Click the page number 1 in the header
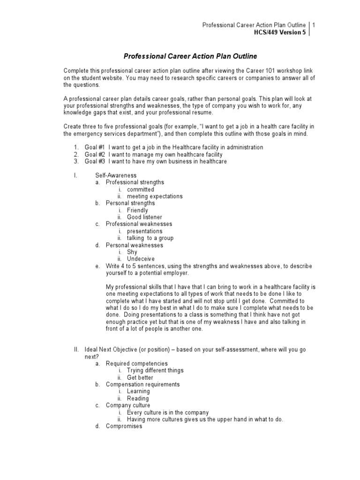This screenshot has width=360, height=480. tap(314, 25)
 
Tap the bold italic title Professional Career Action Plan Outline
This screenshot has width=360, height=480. tap(190, 56)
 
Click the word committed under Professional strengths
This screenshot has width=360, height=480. tap(141, 189)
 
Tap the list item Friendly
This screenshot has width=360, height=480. tap(137, 210)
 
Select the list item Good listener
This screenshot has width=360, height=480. tap(144, 217)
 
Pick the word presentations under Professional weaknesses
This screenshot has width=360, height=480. tap(144, 231)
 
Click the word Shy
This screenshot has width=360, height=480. tap(132, 252)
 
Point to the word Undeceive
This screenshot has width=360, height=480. tap(141, 259)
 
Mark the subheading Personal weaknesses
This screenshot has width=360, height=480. tap(135, 245)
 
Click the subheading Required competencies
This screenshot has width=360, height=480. tap(136, 363)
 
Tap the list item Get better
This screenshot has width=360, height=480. tap(140, 377)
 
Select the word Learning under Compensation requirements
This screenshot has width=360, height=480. tap(138, 391)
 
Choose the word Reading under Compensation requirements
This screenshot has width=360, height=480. tap(138, 398)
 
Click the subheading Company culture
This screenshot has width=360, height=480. tap(128, 405)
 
